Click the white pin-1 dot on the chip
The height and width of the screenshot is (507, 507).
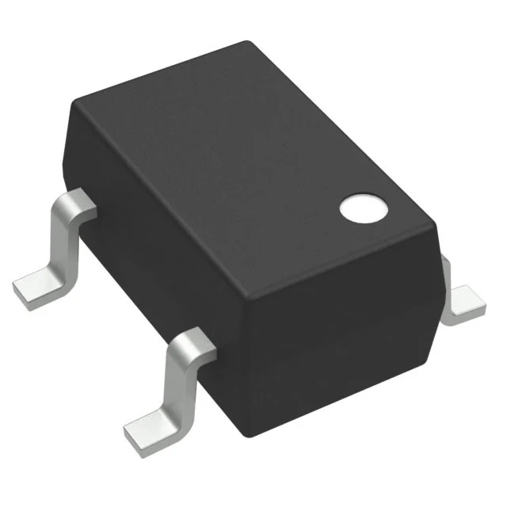pos(364,208)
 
